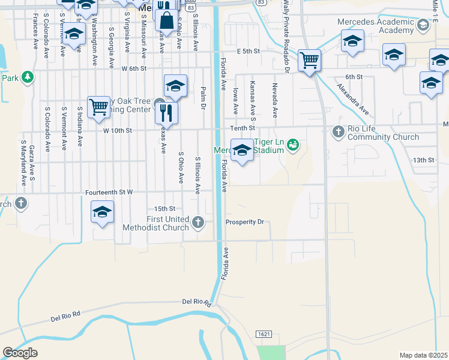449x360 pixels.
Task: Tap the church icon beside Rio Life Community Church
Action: [x=338, y=130]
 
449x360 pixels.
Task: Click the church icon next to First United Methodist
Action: [x=199, y=223]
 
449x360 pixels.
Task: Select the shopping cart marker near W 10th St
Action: [x=99, y=107]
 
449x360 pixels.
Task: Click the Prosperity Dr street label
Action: [x=244, y=222]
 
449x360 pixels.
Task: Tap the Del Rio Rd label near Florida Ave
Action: [x=197, y=302]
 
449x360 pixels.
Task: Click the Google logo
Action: [x=20, y=353]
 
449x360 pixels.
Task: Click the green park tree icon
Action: [x=27, y=77]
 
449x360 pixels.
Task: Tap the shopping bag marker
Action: [x=166, y=20]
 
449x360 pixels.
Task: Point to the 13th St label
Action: [x=423, y=160]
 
